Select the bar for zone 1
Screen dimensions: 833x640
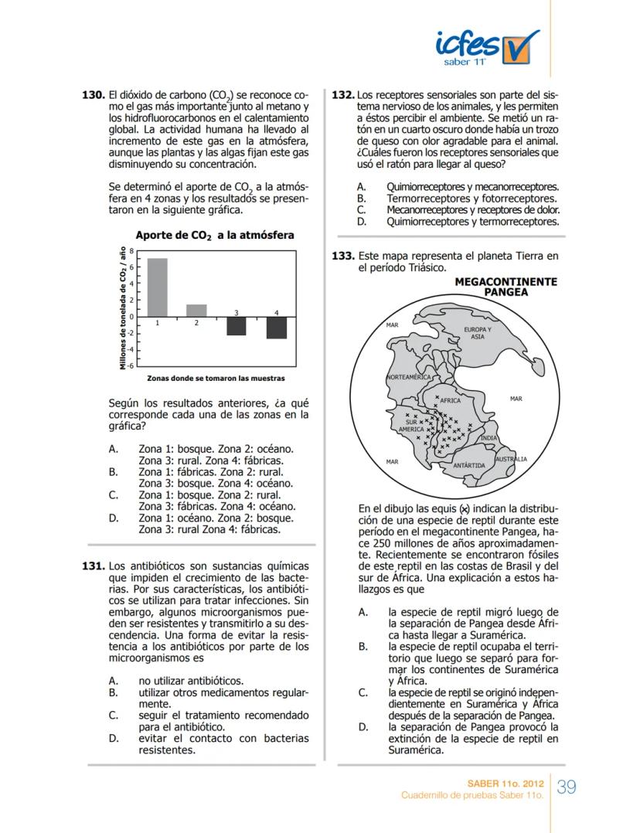(158, 287)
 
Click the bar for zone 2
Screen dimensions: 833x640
(196, 310)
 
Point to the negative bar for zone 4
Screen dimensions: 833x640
(277, 328)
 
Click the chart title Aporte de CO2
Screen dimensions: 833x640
(214, 235)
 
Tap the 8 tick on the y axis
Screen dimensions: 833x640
(131, 251)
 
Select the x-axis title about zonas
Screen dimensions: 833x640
(216, 379)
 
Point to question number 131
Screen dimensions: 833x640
(93, 566)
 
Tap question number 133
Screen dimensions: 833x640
(342, 256)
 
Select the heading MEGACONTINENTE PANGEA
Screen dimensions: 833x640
(506, 287)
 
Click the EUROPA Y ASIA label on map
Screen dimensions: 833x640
(477, 333)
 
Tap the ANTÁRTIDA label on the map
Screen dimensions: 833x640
(468, 465)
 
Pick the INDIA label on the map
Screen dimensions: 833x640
(489, 438)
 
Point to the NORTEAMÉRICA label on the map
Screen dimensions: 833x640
(408, 376)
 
